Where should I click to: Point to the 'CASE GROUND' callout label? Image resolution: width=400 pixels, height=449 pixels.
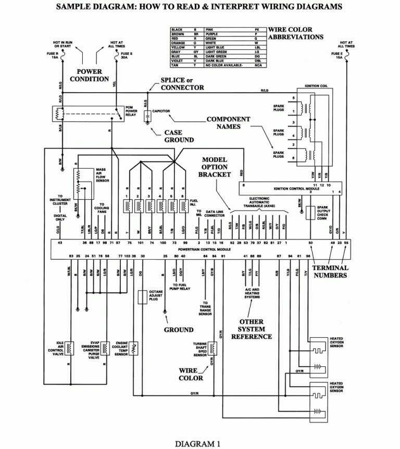179,136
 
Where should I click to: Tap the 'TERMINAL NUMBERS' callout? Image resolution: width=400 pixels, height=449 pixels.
330,272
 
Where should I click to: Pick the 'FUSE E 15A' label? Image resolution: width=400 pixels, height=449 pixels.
339,56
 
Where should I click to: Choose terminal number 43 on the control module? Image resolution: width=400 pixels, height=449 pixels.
60,242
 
